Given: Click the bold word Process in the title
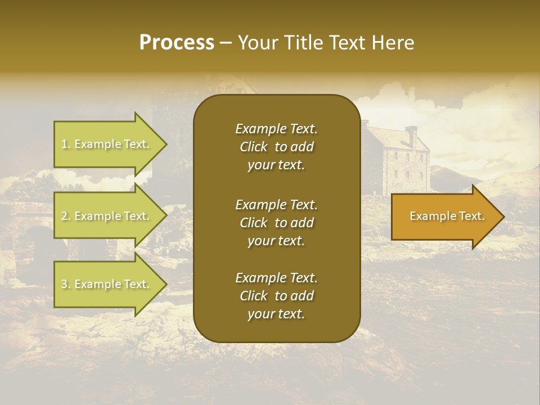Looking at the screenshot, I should point(177,43).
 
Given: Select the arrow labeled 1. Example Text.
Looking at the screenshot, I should point(107,144).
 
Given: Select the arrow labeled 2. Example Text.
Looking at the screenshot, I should point(107,216).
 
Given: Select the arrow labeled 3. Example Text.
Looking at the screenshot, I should point(107,284).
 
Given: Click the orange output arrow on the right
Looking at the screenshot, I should point(444,217).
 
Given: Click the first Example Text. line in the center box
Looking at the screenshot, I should point(276,129).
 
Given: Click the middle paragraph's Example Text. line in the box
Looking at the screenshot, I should point(276,205).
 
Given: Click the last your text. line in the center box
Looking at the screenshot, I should point(276,314).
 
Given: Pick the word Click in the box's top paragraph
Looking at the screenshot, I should point(254,147).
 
